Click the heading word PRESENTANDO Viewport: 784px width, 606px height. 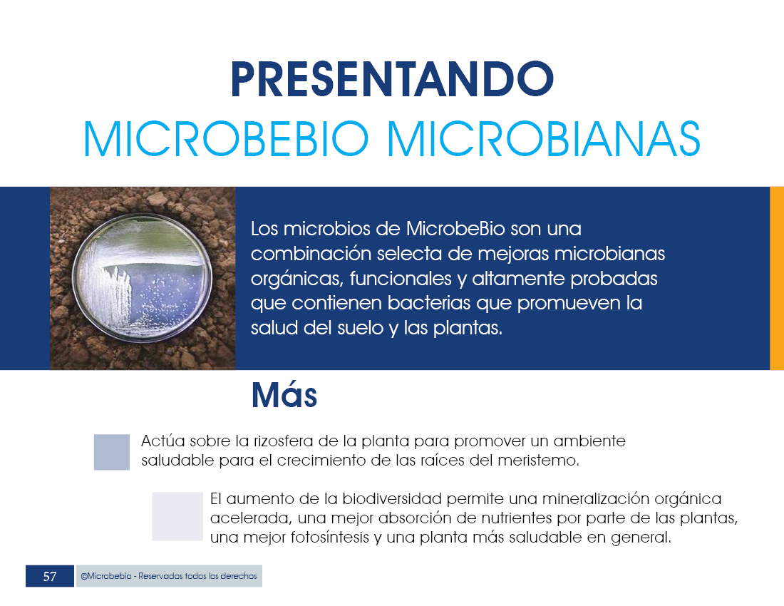coord(392,79)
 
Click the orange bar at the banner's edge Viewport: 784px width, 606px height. coord(776,278)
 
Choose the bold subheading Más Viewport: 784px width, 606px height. coord(284,396)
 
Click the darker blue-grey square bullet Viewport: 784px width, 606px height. coord(111,452)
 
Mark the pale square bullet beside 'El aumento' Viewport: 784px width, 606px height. coord(177,516)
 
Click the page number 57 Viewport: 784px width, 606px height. coord(49,577)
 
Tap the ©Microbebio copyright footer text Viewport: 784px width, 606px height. coord(168,576)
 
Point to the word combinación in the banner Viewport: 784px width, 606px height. coord(311,254)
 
